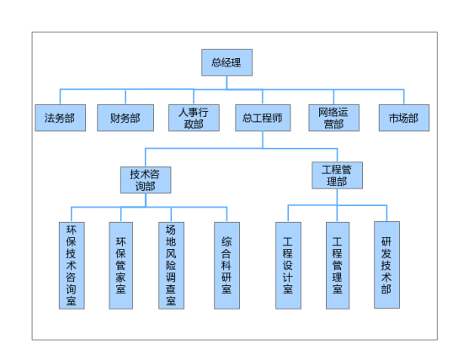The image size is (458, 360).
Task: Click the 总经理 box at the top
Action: (226, 62)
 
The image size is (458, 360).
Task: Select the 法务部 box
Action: (61, 118)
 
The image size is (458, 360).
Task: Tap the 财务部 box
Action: (125, 118)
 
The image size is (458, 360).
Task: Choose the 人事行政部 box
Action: (194, 118)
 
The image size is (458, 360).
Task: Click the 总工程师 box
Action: (263, 118)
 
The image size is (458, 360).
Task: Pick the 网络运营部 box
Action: (334, 118)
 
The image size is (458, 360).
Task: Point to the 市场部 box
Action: (404, 118)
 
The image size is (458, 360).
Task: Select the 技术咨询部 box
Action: (146, 180)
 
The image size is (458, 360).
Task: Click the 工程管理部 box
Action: (337, 175)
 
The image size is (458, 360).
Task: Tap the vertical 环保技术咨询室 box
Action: (72, 266)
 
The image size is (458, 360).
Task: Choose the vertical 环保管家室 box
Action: (121, 266)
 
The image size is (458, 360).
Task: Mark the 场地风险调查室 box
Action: (171, 266)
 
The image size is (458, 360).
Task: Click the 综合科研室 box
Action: (226, 266)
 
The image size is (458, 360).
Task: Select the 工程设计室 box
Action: (288, 266)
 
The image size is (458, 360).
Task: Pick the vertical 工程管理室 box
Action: (338, 266)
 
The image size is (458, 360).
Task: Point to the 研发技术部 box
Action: (386, 265)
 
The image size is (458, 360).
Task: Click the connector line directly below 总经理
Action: (226, 82)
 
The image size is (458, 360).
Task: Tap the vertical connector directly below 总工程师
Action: (263, 140)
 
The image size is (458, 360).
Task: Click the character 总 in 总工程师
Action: (248, 118)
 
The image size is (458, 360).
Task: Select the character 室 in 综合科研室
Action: (226, 289)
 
